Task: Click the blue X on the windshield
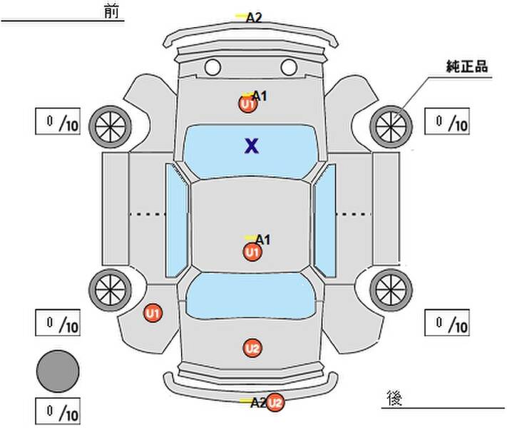point(252,146)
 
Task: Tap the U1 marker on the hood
point(247,104)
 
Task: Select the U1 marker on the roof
point(252,252)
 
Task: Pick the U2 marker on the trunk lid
point(252,348)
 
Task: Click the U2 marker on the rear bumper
point(275,403)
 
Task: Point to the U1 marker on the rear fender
point(153,313)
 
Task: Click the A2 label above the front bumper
point(254,17)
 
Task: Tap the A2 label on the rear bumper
point(258,403)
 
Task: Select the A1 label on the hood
point(260,96)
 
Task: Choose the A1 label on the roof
point(262,240)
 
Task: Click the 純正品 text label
point(467,66)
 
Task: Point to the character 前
point(111,12)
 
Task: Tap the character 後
point(394,398)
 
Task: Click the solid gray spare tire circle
point(58,371)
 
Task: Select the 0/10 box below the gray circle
point(58,411)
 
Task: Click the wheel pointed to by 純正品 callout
point(391,126)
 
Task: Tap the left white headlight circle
point(212,67)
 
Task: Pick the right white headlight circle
point(289,67)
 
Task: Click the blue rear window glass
point(250,295)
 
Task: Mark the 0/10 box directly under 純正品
point(447,121)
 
